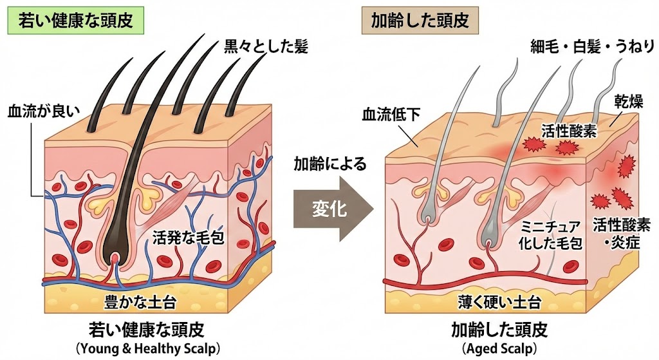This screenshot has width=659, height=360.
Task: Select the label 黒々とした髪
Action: (266, 47)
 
